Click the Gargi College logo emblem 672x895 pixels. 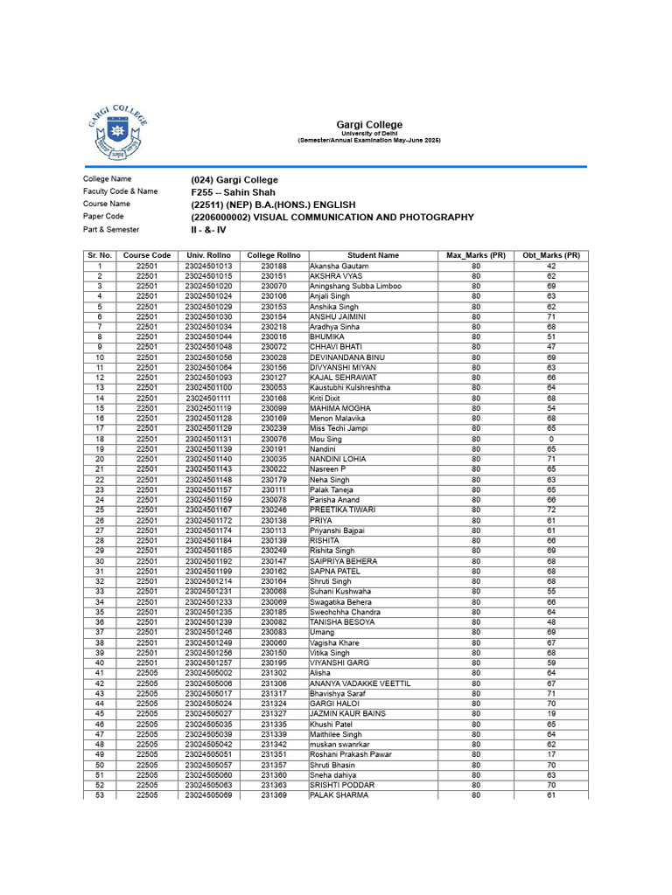click(x=115, y=129)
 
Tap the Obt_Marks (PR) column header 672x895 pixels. click(x=551, y=255)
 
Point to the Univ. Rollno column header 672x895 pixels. click(x=207, y=255)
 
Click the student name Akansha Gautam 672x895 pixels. click(x=339, y=266)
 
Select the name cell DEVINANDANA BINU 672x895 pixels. click(x=347, y=357)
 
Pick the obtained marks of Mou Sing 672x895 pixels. click(x=551, y=439)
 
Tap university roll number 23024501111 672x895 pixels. click(x=208, y=398)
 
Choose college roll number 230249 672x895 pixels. click(x=274, y=551)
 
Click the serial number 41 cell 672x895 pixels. click(x=100, y=673)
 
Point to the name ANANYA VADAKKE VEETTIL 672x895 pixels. click(x=360, y=683)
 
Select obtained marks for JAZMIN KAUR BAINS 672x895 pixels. click(x=551, y=714)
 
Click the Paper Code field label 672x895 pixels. click(x=103, y=216)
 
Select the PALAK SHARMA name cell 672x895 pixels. click(x=339, y=795)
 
